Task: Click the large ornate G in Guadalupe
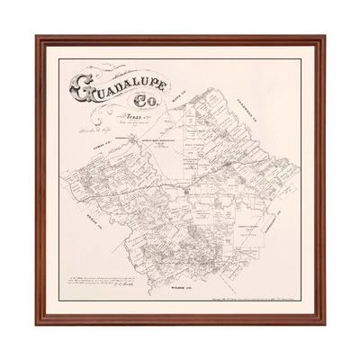pos(77,91)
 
